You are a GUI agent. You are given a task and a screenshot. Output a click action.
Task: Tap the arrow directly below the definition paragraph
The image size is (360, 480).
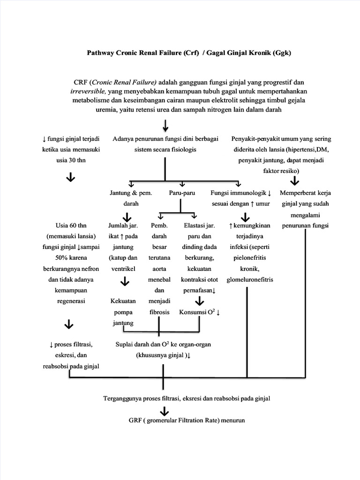tap(165, 125)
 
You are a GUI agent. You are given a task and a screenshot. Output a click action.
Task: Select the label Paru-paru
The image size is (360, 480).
tap(182, 193)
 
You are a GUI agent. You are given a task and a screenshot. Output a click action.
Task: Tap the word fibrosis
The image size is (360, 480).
tap(159, 312)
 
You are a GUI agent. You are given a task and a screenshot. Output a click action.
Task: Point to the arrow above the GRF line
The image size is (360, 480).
tap(164, 411)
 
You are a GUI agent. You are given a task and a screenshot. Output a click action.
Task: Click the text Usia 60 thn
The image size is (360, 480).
tap(70, 225)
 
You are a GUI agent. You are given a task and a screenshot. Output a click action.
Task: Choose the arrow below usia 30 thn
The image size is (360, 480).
tap(71, 177)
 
